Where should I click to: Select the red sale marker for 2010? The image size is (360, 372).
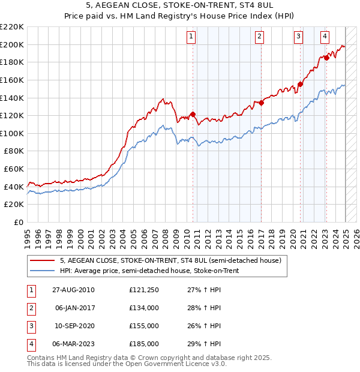193,114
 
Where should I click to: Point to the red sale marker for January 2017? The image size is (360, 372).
261,103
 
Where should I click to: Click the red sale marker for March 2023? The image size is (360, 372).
326,58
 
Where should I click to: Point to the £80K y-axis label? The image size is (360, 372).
14,151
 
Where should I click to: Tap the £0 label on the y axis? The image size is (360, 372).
19,223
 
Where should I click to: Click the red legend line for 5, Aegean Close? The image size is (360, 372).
43,260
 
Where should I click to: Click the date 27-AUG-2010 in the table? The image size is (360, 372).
73,290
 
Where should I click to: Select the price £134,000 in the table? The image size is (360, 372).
143,308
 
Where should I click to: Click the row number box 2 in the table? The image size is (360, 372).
31,308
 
